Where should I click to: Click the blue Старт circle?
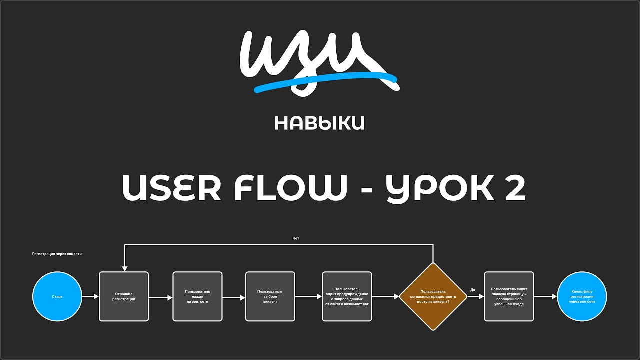(57, 296)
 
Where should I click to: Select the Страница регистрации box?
(124, 296)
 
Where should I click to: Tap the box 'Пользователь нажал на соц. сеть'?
(197, 296)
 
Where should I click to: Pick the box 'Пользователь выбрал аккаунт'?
(270, 296)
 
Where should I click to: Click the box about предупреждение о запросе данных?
(347, 296)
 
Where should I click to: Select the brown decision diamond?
(433, 296)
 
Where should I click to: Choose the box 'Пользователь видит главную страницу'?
(509, 296)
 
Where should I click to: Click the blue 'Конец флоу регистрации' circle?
(582, 296)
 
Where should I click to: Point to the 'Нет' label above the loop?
(296, 238)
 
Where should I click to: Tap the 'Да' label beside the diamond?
(473, 290)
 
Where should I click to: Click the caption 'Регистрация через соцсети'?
(57, 254)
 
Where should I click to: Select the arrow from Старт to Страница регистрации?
(90, 296)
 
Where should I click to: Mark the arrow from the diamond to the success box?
(475, 296)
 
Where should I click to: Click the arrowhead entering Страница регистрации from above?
(124, 268)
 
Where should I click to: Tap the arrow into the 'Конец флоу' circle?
(545, 296)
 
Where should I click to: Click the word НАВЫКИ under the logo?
(319, 123)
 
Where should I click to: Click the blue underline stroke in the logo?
(325, 80)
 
